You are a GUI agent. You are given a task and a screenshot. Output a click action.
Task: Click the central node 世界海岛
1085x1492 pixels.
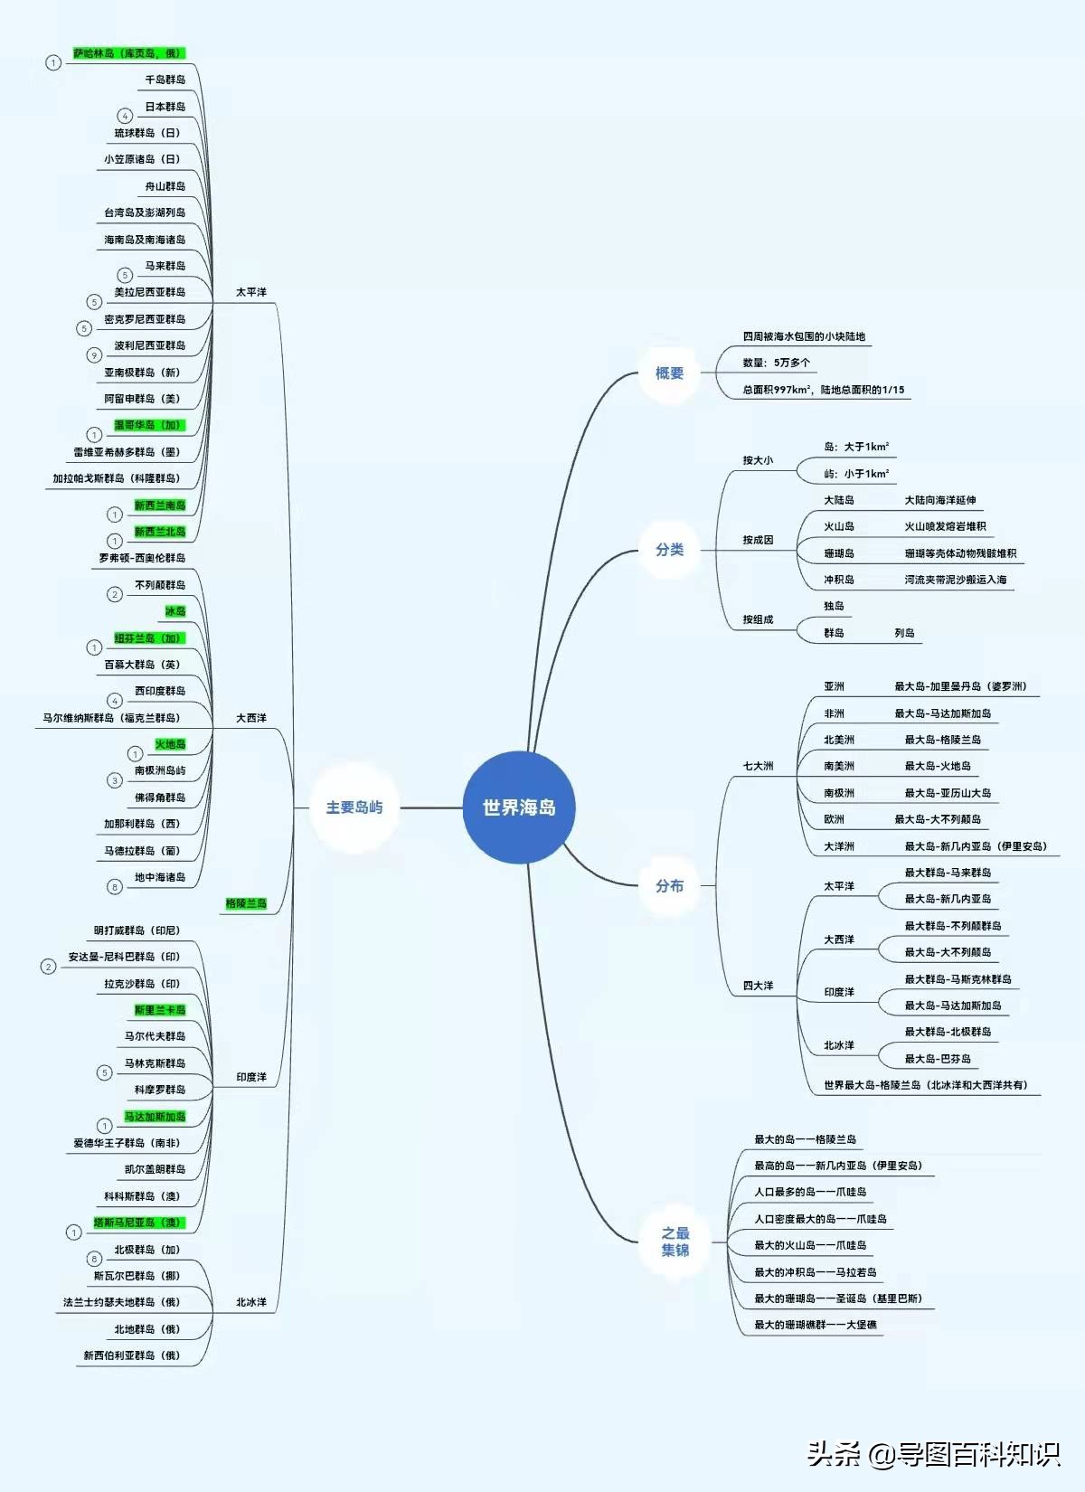519,807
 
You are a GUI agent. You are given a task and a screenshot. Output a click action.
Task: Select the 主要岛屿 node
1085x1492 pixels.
354,807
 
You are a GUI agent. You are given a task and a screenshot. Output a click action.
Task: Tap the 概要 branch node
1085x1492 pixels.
669,373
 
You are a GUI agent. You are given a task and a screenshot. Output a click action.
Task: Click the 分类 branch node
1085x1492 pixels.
669,550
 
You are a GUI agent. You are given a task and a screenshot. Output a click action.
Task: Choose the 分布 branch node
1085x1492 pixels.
669,886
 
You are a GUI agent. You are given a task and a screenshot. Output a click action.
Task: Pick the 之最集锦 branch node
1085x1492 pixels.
675,1242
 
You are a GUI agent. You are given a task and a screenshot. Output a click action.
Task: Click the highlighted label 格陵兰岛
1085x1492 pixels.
246,903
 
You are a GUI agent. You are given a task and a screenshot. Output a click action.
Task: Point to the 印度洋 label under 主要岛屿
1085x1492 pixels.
251,1077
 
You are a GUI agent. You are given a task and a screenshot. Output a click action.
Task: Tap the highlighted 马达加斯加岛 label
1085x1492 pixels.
155,1117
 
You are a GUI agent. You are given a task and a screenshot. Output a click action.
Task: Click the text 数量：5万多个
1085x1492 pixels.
777,363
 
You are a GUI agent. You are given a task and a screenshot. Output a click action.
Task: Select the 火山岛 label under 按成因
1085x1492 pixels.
839,526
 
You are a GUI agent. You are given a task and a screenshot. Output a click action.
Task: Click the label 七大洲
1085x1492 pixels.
758,766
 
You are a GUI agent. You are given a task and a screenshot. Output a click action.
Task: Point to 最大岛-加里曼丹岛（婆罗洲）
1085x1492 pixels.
960,686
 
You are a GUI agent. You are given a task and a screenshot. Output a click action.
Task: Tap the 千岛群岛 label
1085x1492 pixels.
165,80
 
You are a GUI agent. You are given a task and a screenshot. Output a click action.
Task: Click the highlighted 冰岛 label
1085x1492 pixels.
175,611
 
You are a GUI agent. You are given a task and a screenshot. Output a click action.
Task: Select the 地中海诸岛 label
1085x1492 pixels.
160,877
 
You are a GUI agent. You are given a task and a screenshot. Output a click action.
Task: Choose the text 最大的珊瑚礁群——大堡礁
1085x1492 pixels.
816,1325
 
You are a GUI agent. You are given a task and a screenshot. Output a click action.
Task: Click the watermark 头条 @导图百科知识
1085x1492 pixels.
933,1454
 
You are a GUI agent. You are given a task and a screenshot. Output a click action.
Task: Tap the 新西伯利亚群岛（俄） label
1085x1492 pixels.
131,1355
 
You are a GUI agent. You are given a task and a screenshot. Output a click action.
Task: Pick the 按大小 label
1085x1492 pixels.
758,460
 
